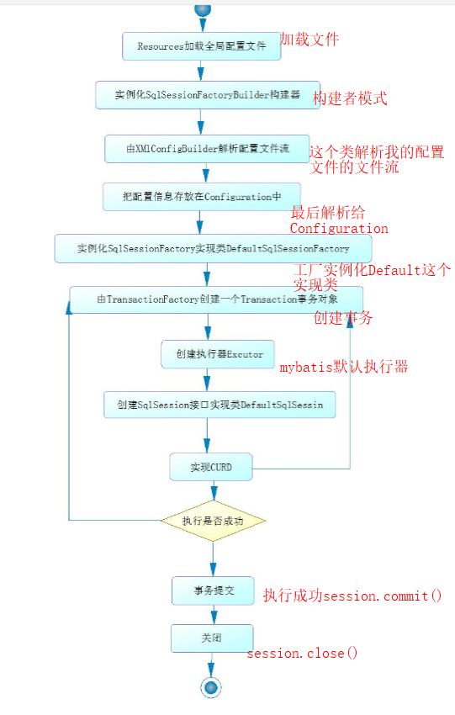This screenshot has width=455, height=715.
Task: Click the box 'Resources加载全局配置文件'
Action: [x=202, y=46]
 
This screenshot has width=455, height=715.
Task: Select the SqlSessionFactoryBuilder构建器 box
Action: [x=208, y=95]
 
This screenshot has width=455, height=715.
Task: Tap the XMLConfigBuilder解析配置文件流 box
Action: [x=208, y=149]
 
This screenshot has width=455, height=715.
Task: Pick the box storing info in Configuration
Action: [x=202, y=197]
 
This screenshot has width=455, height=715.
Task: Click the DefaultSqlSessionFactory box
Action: [x=214, y=248]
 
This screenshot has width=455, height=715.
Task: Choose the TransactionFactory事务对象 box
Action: [x=216, y=299]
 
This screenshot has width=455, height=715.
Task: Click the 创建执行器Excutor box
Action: [x=218, y=354]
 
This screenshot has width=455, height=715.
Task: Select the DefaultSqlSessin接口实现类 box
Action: [x=220, y=405]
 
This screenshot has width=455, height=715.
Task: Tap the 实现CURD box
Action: [x=211, y=467]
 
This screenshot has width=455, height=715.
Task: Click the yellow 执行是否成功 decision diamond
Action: [x=213, y=521]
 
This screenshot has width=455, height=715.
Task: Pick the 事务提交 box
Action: [x=213, y=591]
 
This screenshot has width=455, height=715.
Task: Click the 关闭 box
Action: [x=212, y=638]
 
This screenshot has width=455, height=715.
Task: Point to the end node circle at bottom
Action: [x=211, y=687]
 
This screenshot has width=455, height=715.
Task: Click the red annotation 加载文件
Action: [x=310, y=40]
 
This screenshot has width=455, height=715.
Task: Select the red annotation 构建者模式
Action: [x=350, y=98]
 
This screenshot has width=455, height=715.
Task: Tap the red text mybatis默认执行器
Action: [x=344, y=366]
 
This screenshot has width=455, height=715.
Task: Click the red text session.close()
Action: [x=302, y=653]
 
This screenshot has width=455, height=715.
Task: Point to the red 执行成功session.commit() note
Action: [x=352, y=596]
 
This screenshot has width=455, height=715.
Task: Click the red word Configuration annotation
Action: [x=339, y=228]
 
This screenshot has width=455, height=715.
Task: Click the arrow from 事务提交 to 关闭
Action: [x=214, y=615]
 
